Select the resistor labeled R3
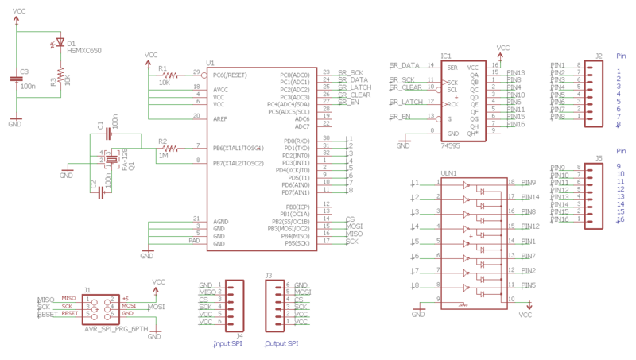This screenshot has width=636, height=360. coord(56,80)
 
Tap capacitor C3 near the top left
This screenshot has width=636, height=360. coord(16,79)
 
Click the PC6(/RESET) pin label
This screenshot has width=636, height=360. coord(231,75)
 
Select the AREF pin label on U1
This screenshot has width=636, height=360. coord(220,118)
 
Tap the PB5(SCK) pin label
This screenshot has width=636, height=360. coord(296,242)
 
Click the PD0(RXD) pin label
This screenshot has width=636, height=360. coord(297,141)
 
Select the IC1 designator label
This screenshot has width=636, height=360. coord(446,57)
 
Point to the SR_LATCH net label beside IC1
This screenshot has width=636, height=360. coord(405,103)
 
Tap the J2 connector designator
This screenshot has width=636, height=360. coord(599,56)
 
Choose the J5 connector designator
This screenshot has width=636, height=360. coord(599,159)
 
